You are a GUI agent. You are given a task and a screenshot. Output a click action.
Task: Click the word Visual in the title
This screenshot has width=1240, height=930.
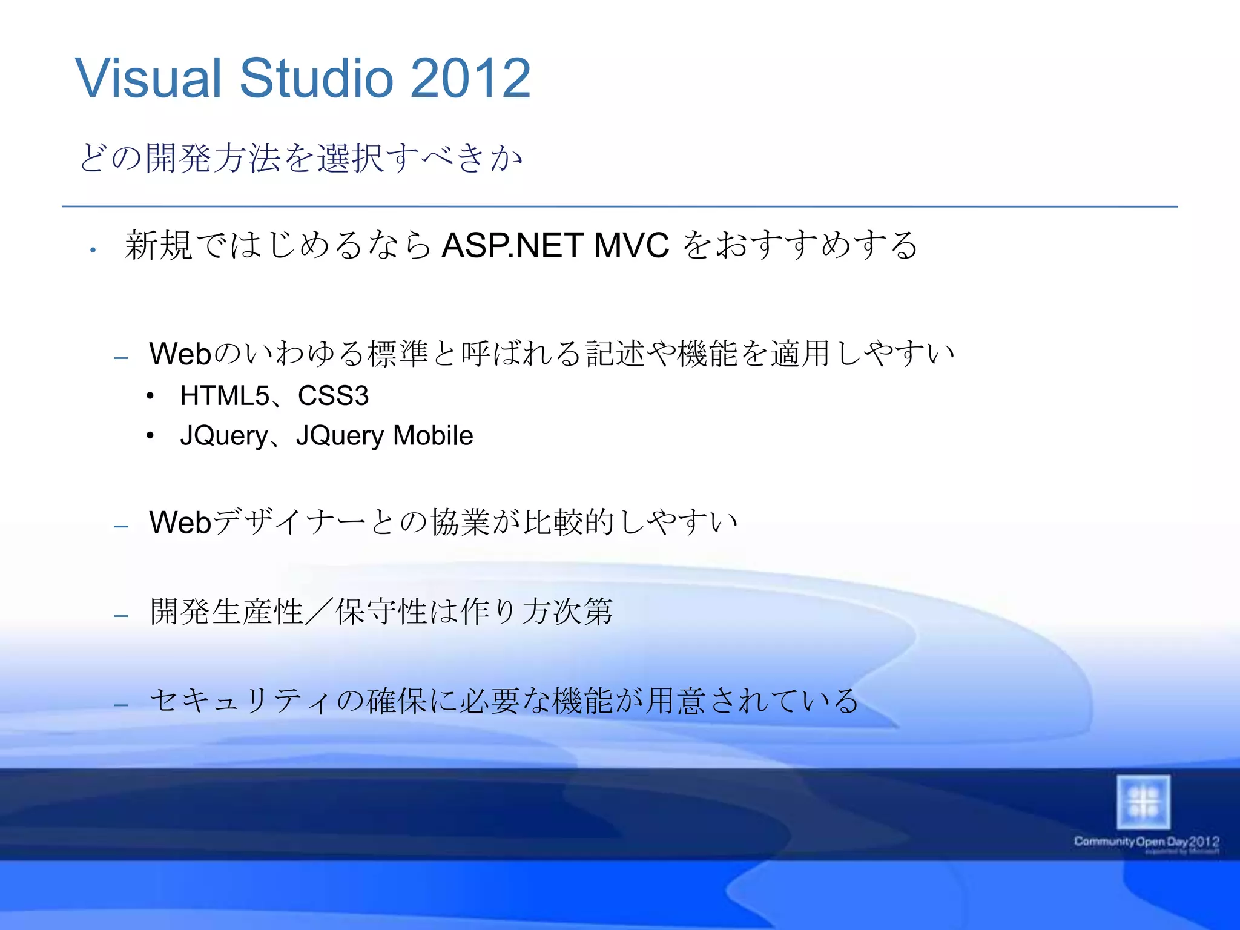(149, 78)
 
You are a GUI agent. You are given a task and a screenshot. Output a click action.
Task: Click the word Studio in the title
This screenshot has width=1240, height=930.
(317, 78)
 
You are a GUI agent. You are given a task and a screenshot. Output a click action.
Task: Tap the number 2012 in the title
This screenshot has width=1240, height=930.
(470, 78)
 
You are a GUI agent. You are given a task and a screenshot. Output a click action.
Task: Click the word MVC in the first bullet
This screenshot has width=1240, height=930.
(632, 246)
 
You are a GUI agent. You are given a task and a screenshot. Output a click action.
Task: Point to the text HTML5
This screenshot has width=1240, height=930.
(224, 396)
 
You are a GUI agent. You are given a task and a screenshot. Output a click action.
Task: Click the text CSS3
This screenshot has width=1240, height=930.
(333, 396)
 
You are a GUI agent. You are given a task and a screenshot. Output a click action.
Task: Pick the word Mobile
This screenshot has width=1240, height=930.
(433, 435)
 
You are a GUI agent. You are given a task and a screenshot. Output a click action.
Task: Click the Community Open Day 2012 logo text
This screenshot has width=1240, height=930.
(1146, 842)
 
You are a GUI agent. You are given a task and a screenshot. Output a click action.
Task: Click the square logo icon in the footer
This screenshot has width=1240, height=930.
(1143, 802)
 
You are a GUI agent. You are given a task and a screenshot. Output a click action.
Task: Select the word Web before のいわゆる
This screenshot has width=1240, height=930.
(180, 354)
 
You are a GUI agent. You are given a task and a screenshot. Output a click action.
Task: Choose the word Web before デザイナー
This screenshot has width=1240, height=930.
(180, 523)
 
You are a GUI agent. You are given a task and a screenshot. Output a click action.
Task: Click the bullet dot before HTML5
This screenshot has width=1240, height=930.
(150, 397)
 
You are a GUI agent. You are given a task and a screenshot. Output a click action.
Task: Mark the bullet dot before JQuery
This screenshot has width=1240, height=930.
(150, 436)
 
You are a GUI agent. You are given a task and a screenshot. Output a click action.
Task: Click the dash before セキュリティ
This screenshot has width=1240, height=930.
(121, 705)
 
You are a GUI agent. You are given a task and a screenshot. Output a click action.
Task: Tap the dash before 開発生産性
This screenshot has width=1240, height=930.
(121, 616)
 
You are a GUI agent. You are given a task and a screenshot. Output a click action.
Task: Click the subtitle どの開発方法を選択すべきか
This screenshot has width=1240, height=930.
(301, 158)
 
